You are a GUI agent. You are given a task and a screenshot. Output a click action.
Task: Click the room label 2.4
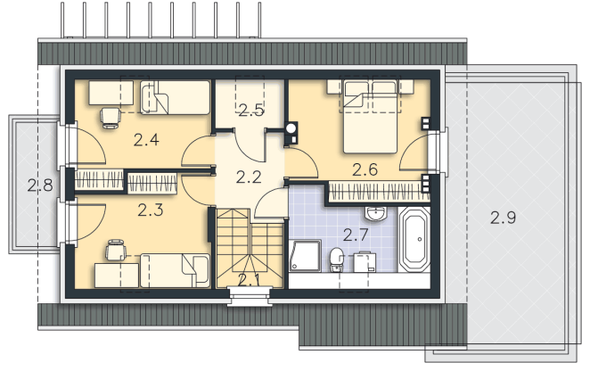(146, 140)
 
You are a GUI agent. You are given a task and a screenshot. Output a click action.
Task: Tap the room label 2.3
(150, 210)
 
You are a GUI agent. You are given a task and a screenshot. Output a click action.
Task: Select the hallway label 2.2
(249, 177)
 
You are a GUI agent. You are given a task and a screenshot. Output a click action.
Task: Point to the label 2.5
(251, 110)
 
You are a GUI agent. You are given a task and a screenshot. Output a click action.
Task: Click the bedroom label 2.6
(365, 169)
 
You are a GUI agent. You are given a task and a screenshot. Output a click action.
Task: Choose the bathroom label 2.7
(356, 235)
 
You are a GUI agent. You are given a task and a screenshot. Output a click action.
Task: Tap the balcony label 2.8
(40, 185)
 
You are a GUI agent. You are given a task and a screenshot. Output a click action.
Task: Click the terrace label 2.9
(503, 218)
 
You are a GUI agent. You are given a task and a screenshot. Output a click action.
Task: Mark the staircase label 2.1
(249, 280)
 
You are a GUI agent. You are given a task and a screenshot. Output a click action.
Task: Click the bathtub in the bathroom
(414, 239)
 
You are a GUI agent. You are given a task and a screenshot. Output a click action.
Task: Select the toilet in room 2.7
(336, 260)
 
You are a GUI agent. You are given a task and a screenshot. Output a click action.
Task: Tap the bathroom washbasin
(375, 213)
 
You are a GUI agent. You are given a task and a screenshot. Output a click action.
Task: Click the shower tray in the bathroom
(305, 256)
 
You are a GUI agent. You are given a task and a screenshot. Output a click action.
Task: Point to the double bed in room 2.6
(370, 117)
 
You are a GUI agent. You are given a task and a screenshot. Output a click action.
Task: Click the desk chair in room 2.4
(111, 118)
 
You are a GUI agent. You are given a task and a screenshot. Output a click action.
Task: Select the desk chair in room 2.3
(116, 250)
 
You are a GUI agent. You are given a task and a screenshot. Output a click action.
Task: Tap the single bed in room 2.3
(175, 270)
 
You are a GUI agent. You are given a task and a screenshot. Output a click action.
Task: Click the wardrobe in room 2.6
(379, 192)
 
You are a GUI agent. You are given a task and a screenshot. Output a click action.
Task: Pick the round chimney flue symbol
(291, 128)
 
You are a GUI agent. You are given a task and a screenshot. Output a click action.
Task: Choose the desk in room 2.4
(111, 93)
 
